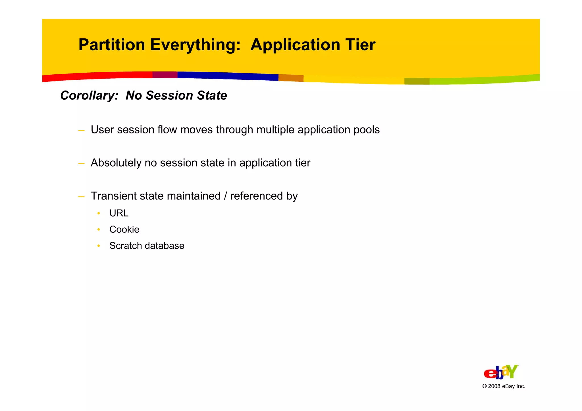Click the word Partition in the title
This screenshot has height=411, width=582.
(112, 45)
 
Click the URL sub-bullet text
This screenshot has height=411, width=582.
(119, 213)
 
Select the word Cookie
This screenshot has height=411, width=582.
(124, 229)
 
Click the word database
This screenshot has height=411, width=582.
(165, 246)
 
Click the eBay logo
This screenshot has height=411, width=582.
(501, 372)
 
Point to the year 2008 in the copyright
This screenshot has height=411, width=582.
(494, 386)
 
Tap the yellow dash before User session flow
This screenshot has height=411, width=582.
(81, 131)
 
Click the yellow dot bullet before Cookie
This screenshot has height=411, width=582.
(99, 229)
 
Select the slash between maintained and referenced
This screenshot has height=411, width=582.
(225, 196)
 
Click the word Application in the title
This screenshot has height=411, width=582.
(295, 45)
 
